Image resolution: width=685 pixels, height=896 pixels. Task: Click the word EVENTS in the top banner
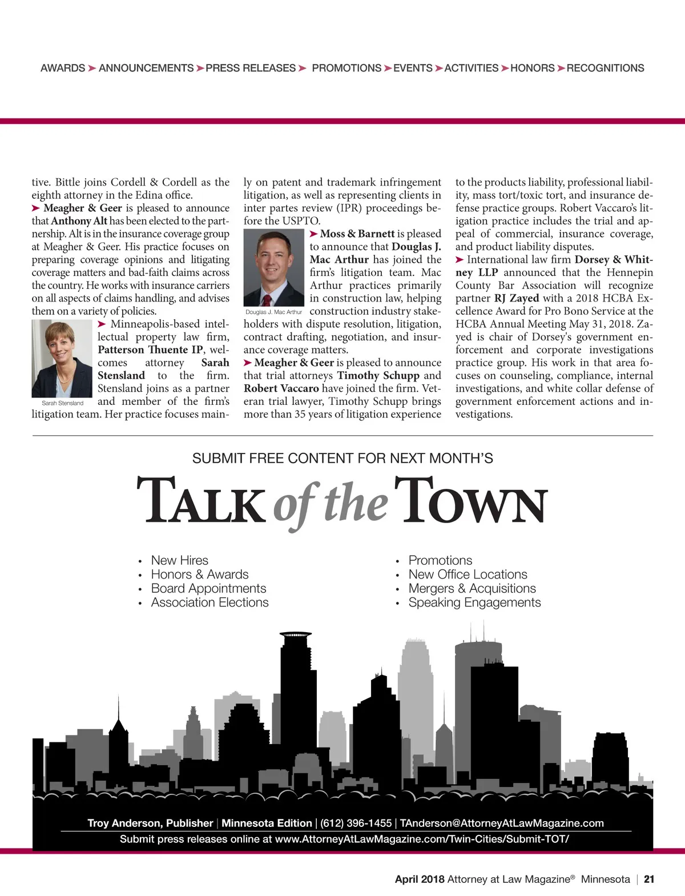coord(413,68)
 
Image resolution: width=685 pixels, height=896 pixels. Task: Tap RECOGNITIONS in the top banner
coord(605,68)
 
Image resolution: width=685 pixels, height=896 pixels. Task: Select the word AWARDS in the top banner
coord(63,68)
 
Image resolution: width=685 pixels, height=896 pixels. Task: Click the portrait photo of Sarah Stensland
coord(62,359)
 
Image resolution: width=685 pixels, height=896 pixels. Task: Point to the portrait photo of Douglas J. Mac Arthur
coord(274,267)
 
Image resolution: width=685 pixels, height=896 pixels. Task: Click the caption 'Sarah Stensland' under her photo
coord(62,403)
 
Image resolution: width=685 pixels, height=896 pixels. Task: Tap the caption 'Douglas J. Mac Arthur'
coord(273,312)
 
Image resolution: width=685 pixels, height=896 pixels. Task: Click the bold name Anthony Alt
coord(79,221)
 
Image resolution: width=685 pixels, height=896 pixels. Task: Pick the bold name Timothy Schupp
coord(378,375)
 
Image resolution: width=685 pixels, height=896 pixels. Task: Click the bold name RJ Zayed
coord(517,298)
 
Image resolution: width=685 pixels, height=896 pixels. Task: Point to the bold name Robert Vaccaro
coord(281,388)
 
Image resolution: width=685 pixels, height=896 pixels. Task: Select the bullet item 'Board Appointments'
coord(208,588)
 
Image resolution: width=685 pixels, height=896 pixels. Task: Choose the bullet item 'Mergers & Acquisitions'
coord(472,588)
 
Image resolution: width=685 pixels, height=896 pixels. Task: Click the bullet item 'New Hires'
coord(179,560)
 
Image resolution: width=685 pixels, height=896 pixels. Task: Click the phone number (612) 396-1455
coord(356,823)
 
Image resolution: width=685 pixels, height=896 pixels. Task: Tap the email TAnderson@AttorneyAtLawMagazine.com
coord(501,823)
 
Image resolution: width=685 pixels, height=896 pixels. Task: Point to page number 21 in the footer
coord(649,879)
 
